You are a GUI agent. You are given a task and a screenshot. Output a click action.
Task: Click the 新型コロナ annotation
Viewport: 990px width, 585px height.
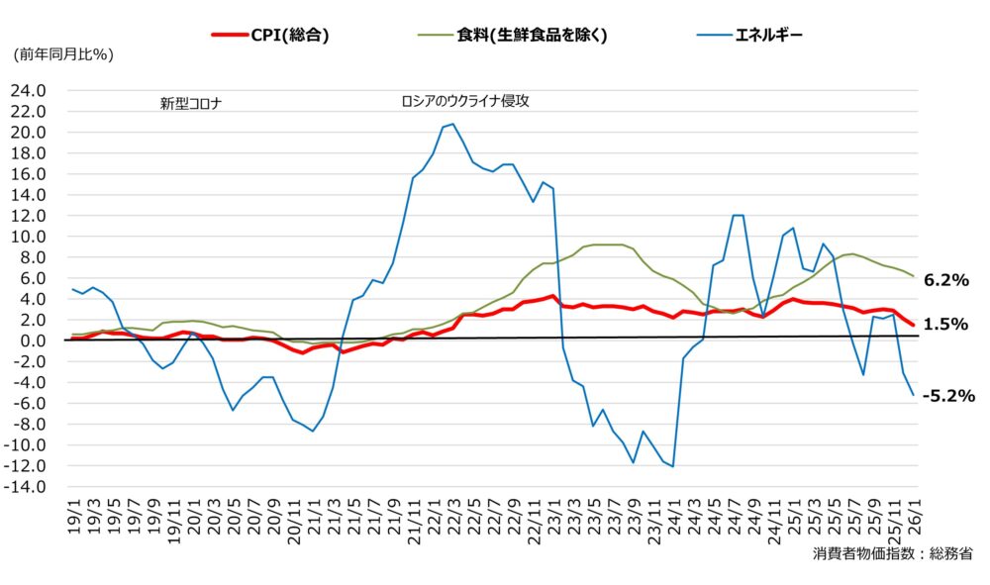(190, 102)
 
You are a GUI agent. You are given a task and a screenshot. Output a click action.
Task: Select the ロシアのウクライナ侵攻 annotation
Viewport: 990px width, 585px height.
(464, 101)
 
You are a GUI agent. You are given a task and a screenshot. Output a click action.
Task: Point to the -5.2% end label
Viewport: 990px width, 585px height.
(947, 395)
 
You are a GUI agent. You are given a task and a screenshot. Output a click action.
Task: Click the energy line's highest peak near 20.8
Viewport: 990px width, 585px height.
(453, 124)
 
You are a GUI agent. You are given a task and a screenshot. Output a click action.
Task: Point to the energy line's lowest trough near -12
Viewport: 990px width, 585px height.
(673, 466)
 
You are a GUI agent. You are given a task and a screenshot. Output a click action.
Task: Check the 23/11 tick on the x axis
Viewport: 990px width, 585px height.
(653, 519)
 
